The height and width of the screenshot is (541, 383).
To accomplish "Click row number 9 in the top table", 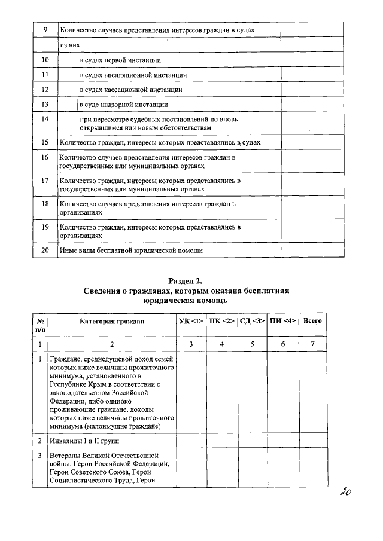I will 45,29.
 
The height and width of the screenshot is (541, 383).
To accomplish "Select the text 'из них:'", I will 71,45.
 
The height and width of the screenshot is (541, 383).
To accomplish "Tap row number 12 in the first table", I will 45,90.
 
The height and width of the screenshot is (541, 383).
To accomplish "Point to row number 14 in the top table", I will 45,120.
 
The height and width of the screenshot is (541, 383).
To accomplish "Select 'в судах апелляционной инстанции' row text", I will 133,75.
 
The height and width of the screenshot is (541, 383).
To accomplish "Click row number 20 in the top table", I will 45,250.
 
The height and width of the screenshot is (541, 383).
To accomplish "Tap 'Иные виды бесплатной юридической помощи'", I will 131,250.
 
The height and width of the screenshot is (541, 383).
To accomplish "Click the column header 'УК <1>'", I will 190,321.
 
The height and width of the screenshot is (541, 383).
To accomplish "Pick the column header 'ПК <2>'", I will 221,321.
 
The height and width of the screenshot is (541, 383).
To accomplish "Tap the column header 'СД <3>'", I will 252,321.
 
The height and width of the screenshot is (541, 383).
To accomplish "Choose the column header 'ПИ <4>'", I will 282,321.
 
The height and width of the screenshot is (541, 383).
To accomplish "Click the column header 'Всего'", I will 312,321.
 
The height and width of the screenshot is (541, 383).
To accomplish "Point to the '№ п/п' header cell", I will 40,325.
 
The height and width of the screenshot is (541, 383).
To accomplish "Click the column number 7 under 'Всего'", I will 312,344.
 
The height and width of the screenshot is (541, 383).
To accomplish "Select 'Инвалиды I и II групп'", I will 85,441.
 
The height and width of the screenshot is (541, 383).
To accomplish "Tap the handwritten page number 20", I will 344,492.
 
